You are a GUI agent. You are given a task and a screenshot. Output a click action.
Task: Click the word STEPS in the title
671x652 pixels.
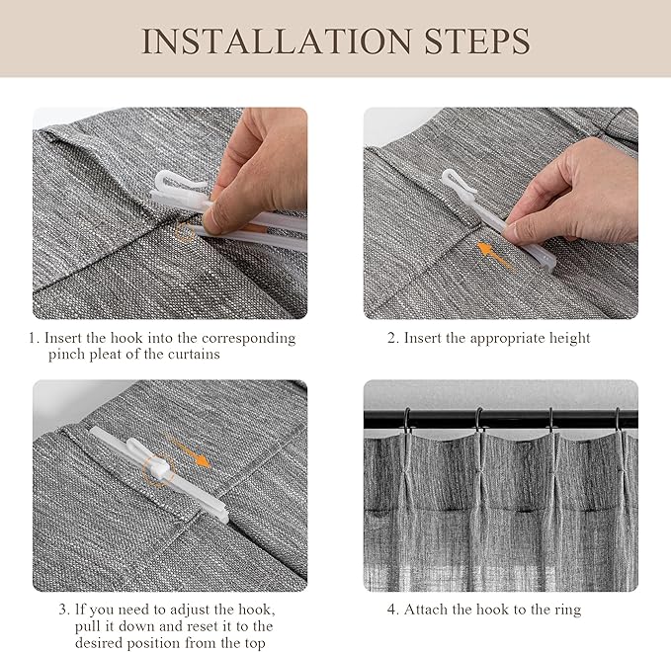click(477, 41)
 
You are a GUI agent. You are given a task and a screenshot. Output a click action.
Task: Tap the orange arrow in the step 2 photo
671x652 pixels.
click(494, 255)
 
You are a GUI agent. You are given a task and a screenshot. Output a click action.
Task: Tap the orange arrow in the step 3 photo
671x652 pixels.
click(189, 451)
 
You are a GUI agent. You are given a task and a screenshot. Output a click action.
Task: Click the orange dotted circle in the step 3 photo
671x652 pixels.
click(159, 470)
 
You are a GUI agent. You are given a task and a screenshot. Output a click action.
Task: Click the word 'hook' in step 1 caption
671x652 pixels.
click(126, 338)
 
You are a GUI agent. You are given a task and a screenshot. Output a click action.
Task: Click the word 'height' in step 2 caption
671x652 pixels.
click(569, 338)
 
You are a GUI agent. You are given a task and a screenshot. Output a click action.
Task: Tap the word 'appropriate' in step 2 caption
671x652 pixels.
click(507, 339)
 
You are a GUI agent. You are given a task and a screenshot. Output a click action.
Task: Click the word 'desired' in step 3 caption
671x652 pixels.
click(99, 643)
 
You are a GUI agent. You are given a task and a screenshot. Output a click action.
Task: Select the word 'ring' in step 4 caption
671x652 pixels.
click(566, 611)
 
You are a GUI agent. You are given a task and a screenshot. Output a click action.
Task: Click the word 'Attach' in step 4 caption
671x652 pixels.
click(425, 610)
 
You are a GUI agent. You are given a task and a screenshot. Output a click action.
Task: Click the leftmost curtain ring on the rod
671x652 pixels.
click(406, 419)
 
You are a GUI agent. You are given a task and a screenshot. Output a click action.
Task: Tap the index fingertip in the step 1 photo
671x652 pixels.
click(209, 221)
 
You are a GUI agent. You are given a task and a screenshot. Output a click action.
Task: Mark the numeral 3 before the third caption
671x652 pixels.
click(62, 610)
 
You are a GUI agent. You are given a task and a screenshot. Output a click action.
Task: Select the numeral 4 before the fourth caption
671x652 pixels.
click(391, 610)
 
